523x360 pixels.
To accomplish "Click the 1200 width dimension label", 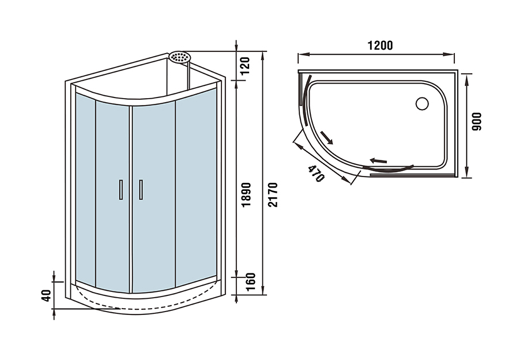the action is (380, 45).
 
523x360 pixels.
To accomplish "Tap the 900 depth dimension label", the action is (477, 122).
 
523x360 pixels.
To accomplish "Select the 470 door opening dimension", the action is (315, 173).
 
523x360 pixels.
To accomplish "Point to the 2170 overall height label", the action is (273, 194).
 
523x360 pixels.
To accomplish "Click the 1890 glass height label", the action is (246, 194).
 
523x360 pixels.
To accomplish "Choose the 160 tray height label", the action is (250, 282).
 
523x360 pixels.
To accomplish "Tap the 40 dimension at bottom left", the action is (47, 295).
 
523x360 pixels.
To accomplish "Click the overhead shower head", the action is (180, 57).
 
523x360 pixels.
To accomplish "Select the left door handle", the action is (121, 189).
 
